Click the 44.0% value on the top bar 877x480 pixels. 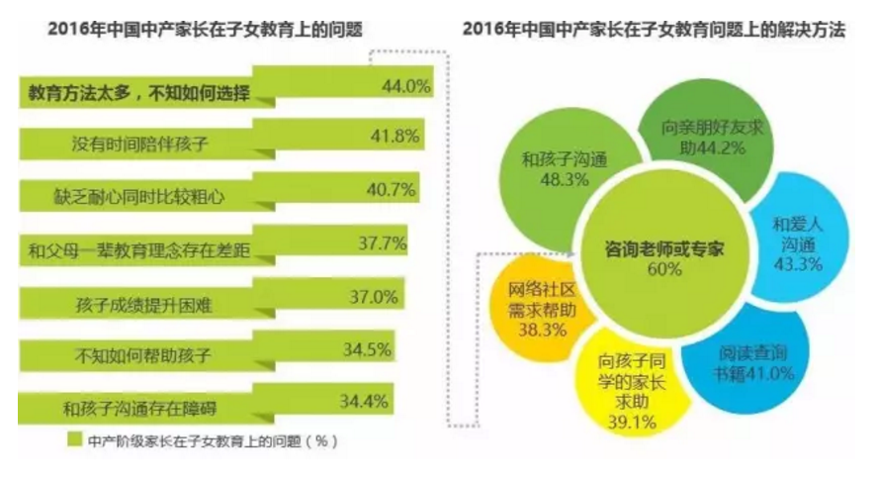pos(405,87)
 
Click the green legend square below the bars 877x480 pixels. pos(74,437)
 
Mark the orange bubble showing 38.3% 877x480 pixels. pos(534,308)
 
